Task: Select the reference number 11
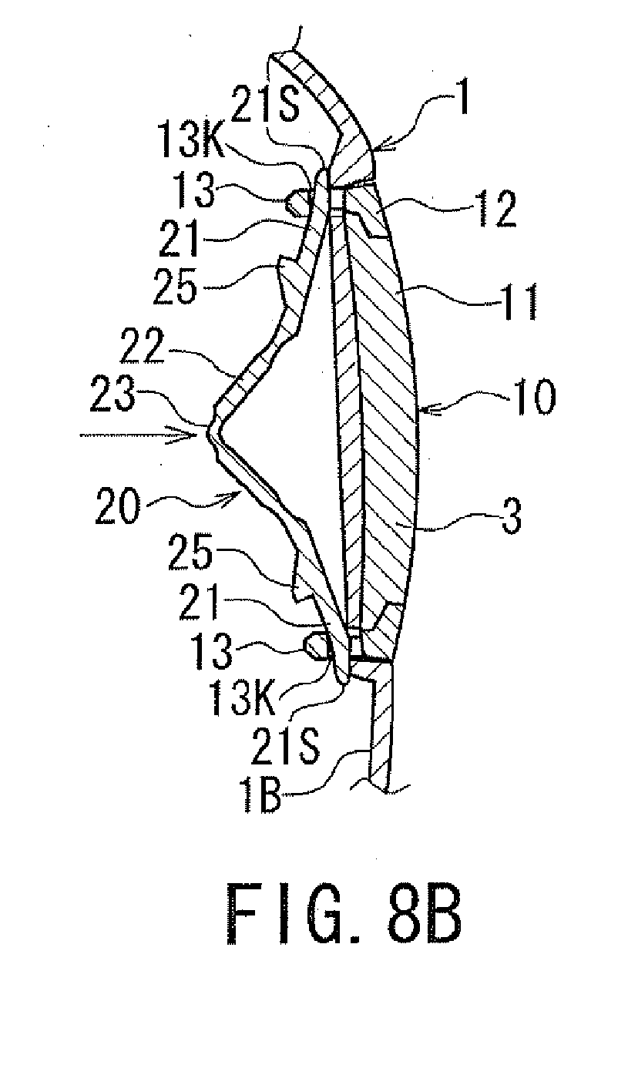[x=521, y=302]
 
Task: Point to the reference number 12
[x=498, y=209]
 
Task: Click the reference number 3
[x=511, y=516]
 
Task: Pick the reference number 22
[x=142, y=348]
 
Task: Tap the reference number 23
[x=113, y=393]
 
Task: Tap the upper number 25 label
[x=174, y=287]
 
